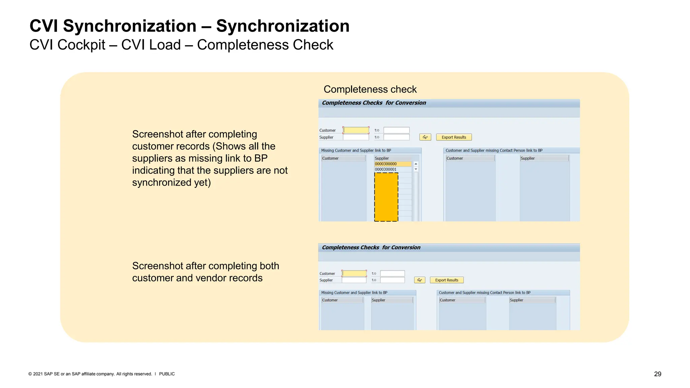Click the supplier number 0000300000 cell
click(393, 164)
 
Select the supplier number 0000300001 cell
click(393, 169)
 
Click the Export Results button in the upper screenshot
click(453, 137)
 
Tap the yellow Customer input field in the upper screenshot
click(356, 130)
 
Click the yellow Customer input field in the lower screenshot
click(354, 273)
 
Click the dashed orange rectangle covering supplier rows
click(386, 197)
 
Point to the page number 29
click(657, 374)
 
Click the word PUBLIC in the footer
click(167, 374)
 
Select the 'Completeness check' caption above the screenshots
click(370, 89)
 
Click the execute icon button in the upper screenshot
click(425, 137)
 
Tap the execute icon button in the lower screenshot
click(419, 280)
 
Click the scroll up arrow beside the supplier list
click(416, 164)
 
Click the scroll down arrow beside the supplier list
click(416, 169)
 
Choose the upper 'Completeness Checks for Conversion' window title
click(374, 103)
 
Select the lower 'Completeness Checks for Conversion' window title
click(371, 248)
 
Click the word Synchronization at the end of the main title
click(283, 26)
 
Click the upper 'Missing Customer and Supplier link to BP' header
click(356, 151)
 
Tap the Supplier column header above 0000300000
click(382, 158)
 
